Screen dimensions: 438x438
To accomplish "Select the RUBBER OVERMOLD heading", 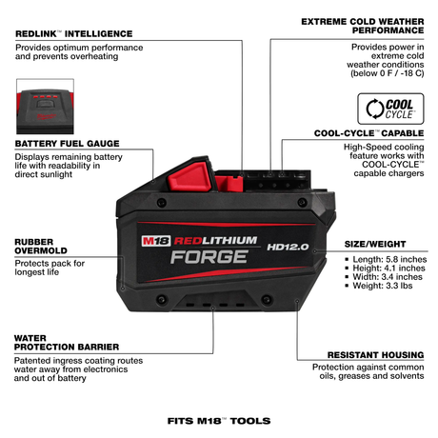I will pos(40,248).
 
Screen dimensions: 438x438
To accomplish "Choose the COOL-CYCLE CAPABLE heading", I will pos(375,133).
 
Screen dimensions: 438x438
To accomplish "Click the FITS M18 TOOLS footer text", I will pos(218,419).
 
